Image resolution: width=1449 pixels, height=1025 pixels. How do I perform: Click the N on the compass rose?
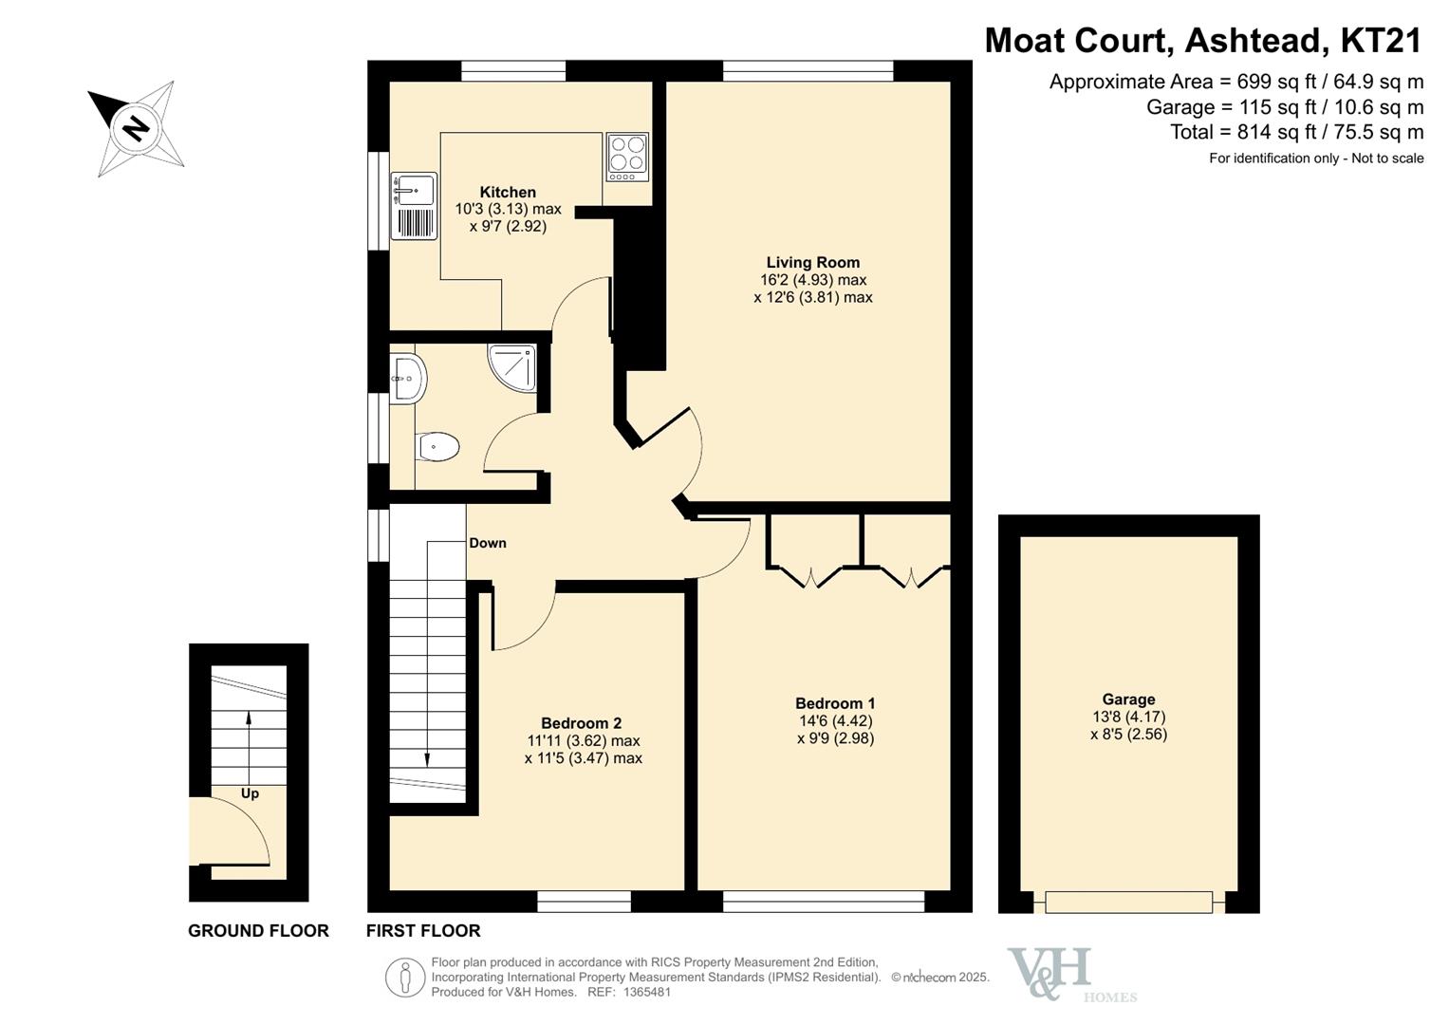tap(136, 127)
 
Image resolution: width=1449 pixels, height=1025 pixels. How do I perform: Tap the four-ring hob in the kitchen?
tap(627, 158)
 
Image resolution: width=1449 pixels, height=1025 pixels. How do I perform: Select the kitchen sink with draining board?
tap(414, 206)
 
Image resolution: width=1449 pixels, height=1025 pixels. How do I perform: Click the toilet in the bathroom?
tap(438, 446)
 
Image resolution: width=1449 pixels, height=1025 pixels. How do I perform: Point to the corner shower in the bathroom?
tap(512, 368)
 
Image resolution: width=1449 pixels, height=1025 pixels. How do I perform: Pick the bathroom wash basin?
tap(407, 379)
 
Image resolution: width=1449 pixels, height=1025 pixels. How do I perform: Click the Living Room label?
tap(813, 263)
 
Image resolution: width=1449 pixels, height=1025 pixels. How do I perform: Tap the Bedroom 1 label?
tap(835, 703)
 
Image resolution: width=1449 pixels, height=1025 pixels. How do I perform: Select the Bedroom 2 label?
tap(582, 723)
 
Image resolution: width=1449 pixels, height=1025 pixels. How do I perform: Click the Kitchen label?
tap(508, 192)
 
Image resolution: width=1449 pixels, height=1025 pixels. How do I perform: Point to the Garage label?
tap(1129, 699)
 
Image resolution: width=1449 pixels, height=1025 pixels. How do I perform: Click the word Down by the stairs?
tap(488, 543)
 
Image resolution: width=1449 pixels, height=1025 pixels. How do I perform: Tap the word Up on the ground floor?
tap(250, 794)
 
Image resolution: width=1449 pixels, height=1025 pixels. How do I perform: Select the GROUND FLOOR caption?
tap(258, 931)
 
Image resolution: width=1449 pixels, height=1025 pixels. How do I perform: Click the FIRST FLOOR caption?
tap(423, 931)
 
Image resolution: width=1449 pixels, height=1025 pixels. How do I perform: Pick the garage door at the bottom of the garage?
tap(1129, 902)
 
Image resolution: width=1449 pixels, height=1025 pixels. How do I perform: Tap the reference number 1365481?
tap(647, 992)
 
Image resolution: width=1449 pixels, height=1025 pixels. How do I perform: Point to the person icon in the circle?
tap(405, 978)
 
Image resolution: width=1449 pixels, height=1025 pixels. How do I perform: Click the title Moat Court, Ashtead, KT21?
tap(1203, 41)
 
